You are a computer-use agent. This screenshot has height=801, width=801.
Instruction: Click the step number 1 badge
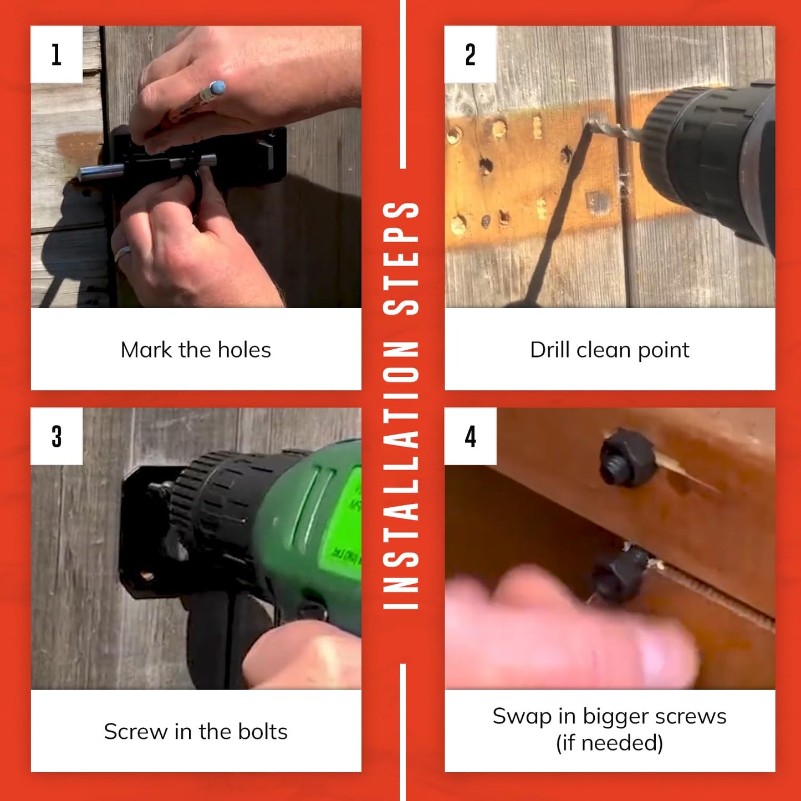click(57, 54)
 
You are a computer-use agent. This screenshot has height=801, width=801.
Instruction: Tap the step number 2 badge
click(471, 54)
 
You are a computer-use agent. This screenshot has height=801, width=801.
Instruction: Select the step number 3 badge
click(57, 436)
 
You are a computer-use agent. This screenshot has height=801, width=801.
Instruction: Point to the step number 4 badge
click(471, 436)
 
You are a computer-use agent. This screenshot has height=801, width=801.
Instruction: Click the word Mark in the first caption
click(146, 350)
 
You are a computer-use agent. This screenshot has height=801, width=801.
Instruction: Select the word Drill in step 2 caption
click(549, 350)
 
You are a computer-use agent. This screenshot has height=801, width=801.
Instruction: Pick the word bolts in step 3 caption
click(262, 731)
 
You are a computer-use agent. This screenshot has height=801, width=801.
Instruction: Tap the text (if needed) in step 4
click(609, 743)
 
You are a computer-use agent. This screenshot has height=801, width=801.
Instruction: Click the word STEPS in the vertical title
click(401, 258)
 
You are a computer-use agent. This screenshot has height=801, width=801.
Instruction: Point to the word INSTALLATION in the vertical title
click(401, 476)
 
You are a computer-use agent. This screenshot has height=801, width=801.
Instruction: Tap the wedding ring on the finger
click(123, 253)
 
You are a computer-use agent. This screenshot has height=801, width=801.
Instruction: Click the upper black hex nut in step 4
click(627, 458)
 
